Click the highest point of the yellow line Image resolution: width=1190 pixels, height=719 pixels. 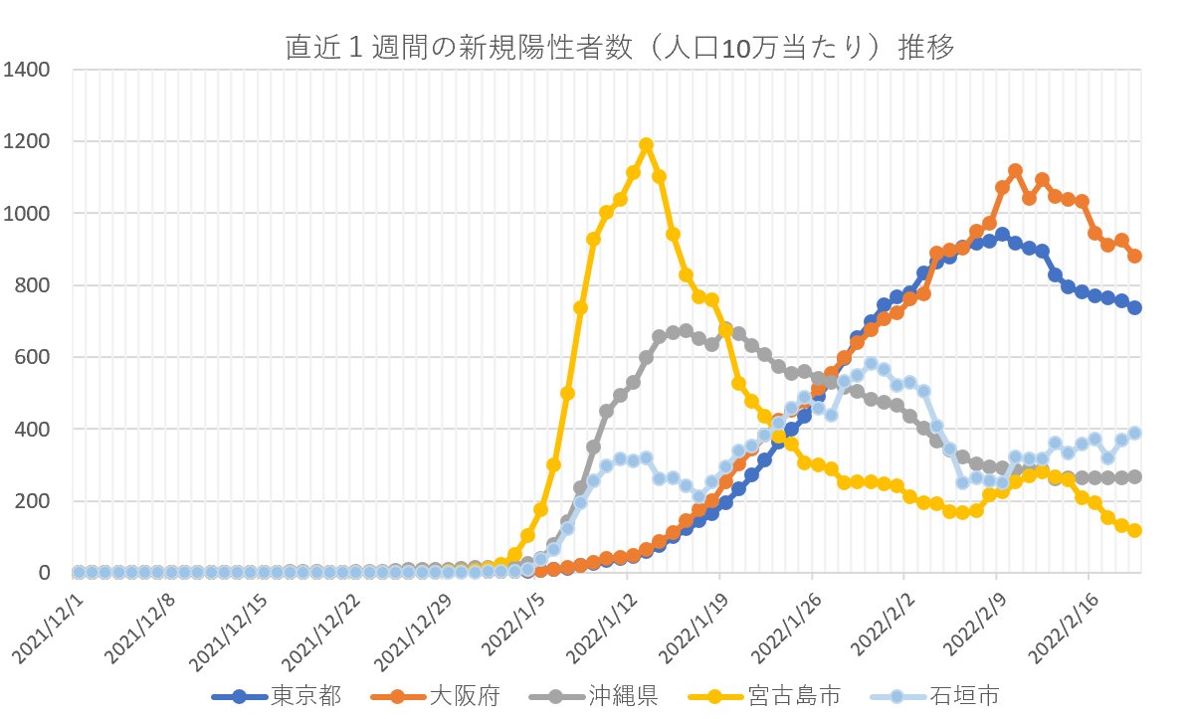coord(646,145)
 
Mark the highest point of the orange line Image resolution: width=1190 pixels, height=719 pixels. coord(1015,171)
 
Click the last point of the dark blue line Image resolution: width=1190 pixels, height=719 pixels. coord(1134,308)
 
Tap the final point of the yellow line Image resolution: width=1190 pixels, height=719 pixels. coord(1134,531)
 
